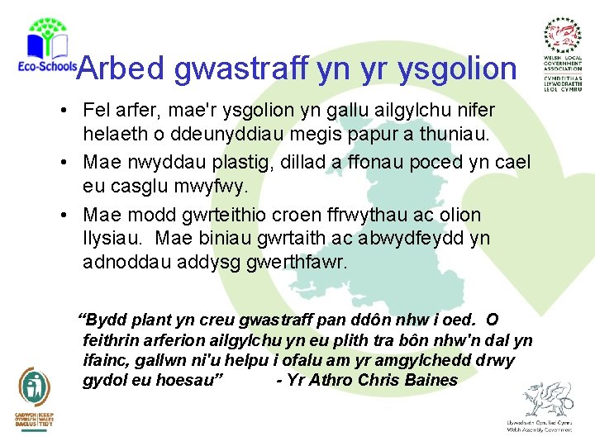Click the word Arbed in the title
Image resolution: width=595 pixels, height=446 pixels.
coord(121,69)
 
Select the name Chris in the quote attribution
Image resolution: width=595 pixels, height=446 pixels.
coord(380,380)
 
